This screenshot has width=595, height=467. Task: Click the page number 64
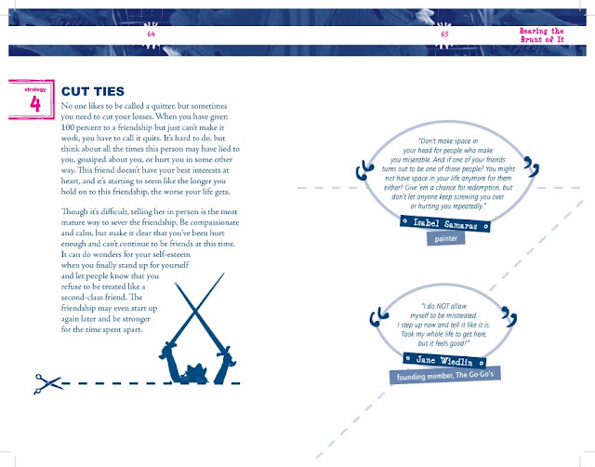click(x=151, y=34)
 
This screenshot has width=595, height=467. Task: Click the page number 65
click(x=444, y=34)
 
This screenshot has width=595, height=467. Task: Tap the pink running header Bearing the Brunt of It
click(x=541, y=35)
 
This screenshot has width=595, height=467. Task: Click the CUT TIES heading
click(x=93, y=91)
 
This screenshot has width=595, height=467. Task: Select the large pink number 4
click(x=35, y=103)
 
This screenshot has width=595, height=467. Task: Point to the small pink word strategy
click(x=35, y=89)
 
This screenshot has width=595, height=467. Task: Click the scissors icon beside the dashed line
click(x=47, y=384)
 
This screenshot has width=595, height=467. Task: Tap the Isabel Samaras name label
click(x=444, y=224)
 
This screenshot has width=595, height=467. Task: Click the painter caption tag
click(x=446, y=238)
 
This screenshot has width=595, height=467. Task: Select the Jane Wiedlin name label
click(x=444, y=360)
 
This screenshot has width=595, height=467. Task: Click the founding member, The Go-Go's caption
click(x=444, y=376)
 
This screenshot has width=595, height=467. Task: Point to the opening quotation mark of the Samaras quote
click(x=364, y=170)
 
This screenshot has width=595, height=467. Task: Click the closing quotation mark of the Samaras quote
click(x=531, y=167)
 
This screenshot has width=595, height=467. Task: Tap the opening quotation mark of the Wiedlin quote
click(x=378, y=316)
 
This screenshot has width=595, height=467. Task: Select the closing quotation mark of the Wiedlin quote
click(x=509, y=316)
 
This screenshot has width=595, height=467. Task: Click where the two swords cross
click(x=195, y=312)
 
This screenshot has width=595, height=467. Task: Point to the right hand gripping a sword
click(x=227, y=355)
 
